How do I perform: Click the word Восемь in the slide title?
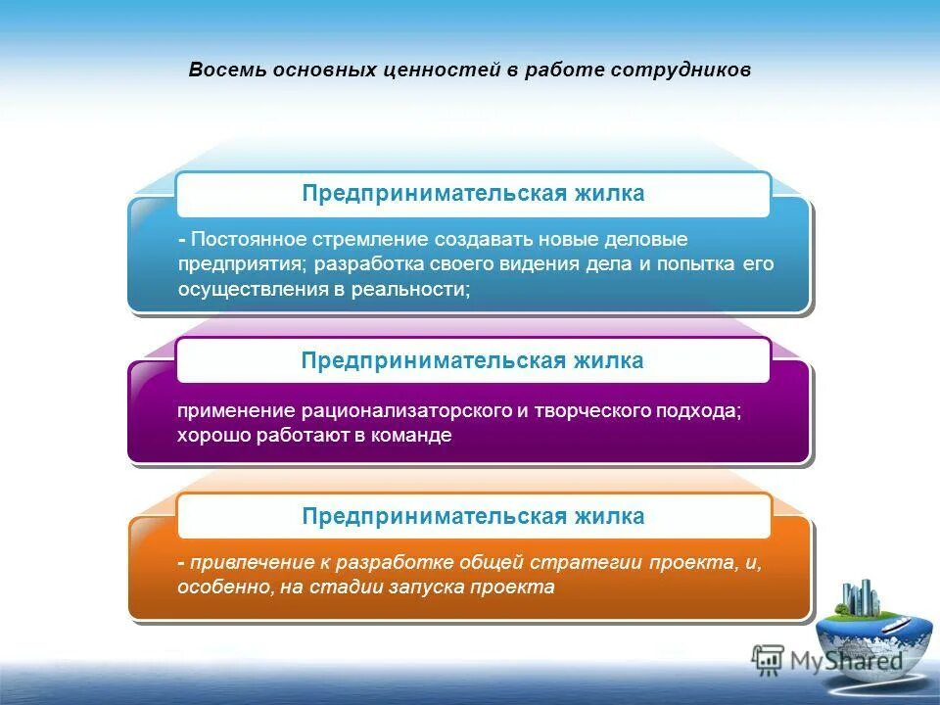coord(222,71)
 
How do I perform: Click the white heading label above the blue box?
coord(473,194)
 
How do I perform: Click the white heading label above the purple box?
coord(473,360)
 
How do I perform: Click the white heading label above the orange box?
coord(473,516)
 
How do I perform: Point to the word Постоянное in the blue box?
coord(250,240)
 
